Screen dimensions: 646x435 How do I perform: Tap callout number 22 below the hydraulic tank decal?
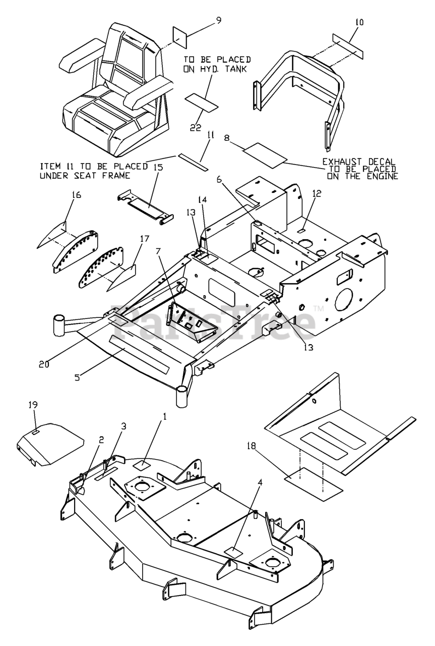196,128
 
